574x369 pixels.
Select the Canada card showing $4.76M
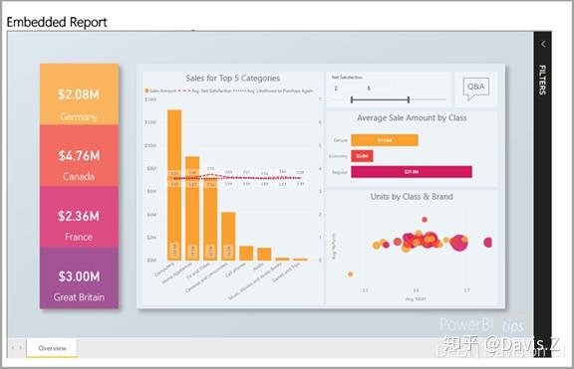[x=79, y=163]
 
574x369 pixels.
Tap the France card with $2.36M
[x=79, y=224]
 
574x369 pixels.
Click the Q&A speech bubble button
[x=476, y=90]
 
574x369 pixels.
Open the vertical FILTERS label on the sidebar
[x=542, y=80]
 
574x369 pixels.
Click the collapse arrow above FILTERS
[x=542, y=44]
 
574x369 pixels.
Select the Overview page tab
[x=52, y=348]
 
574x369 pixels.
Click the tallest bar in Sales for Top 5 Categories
[x=173, y=184]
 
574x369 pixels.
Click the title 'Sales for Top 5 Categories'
[x=232, y=78]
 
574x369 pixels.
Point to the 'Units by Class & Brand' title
[x=412, y=197]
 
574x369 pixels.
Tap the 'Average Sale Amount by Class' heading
[x=413, y=117]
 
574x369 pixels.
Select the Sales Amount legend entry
[x=159, y=91]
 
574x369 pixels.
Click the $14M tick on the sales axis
[x=149, y=99]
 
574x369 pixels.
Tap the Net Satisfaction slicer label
[x=347, y=75]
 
